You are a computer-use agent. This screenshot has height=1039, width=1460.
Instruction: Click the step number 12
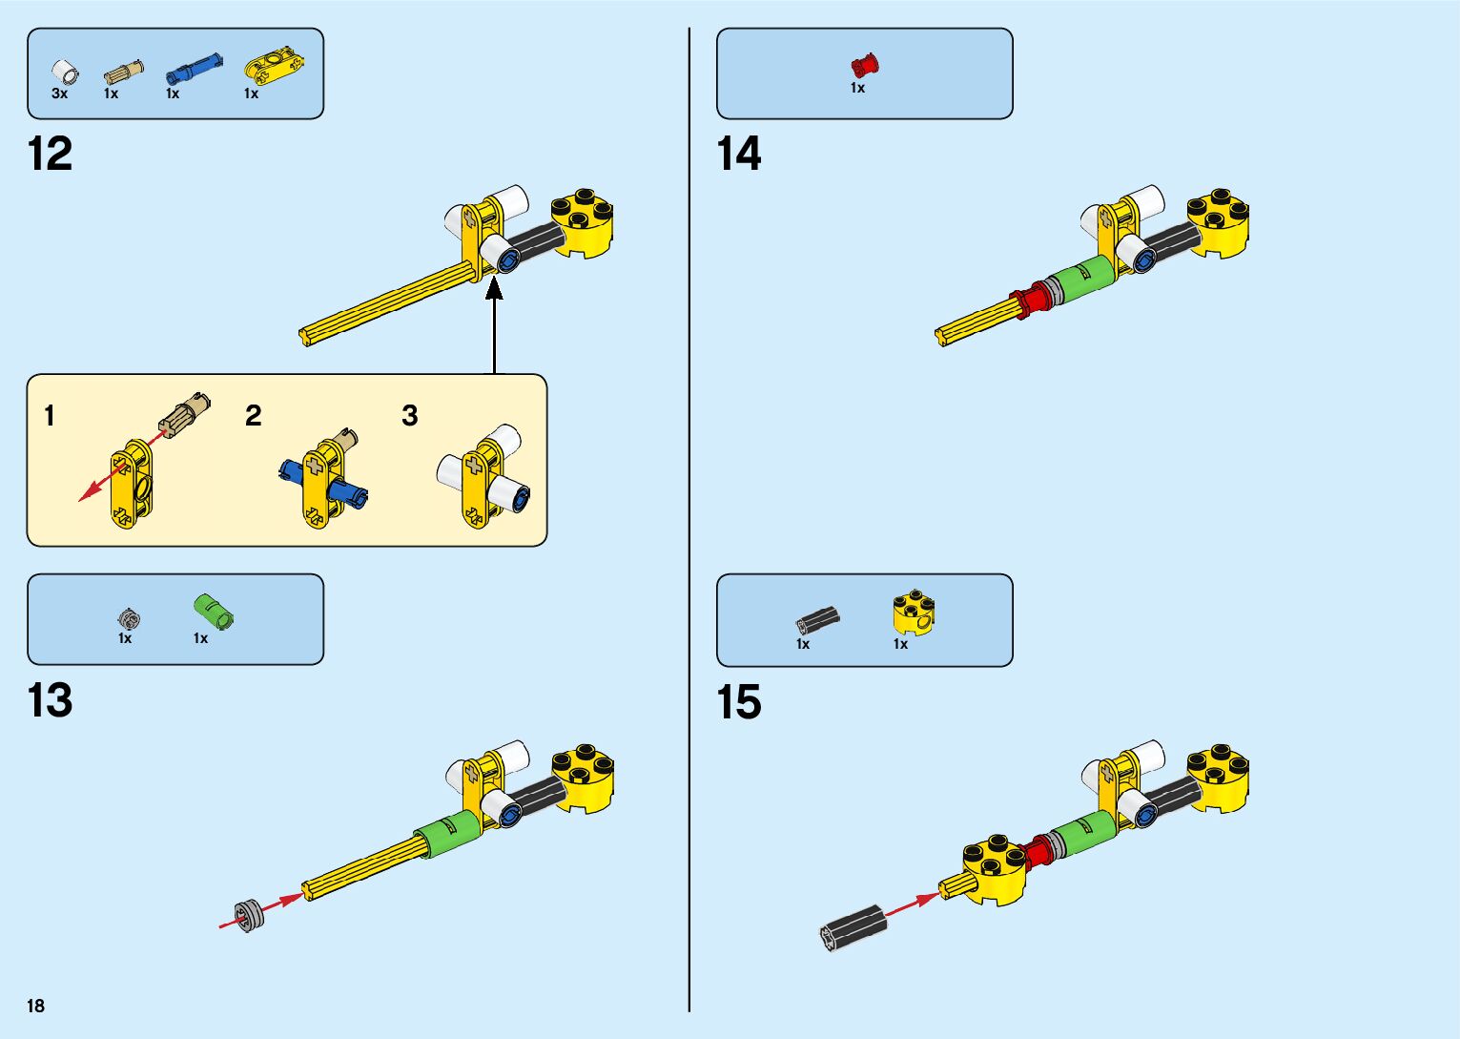[51, 154]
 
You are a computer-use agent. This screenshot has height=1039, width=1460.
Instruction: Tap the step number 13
[51, 700]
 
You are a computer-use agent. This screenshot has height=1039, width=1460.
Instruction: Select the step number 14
[739, 154]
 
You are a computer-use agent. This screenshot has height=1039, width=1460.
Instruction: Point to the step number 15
[739, 702]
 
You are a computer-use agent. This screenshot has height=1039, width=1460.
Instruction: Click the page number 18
[36, 1006]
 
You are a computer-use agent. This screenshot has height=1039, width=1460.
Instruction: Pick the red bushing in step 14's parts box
[864, 66]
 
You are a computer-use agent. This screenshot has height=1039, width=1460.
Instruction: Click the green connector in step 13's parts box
[214, 611]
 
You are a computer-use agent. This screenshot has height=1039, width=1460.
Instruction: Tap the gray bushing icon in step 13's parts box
[129, 619]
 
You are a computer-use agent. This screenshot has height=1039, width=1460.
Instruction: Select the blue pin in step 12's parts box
[194, 70]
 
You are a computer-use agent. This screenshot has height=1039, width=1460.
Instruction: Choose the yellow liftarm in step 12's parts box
[274, 65]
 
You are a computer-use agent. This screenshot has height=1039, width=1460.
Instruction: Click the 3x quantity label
[59, 94]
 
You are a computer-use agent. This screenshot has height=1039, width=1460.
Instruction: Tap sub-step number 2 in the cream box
[253, 415]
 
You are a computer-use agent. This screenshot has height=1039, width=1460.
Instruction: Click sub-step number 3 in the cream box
[410, 415]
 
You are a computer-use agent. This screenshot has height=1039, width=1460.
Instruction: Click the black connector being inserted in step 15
[853, 926]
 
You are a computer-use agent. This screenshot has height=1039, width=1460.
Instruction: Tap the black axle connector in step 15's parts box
[818, 619]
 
